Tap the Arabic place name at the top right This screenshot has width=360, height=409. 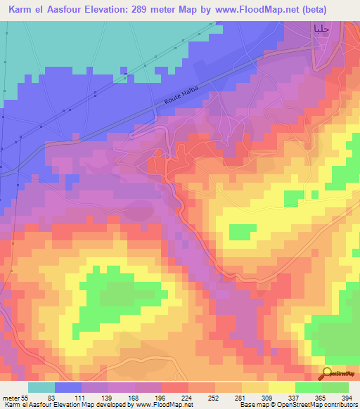321,29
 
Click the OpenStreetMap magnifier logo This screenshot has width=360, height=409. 328,373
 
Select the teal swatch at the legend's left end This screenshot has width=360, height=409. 41,387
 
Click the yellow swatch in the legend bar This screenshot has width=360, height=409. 281,387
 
